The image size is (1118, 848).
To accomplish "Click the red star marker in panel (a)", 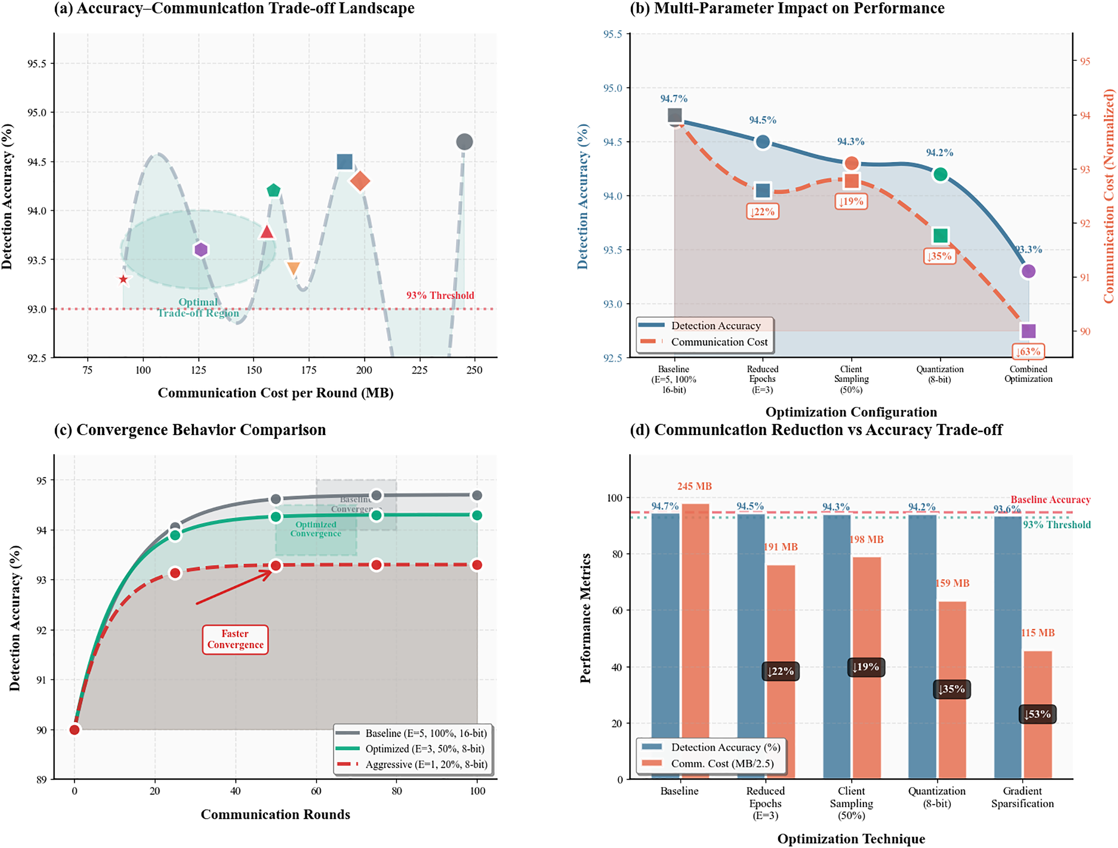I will tap(123, 280).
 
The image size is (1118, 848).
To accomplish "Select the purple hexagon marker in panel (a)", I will tap(201, 250).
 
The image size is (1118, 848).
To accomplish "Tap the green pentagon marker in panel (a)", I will tap(273, 190).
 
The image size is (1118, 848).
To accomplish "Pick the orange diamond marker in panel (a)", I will tap(360, 181).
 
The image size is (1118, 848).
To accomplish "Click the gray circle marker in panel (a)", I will tap(464, 142).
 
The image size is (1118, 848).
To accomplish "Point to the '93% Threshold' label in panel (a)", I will tap(440, 296).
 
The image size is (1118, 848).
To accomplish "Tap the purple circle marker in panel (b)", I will tap(1028, 271).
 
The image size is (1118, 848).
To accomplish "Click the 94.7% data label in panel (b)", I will tap(674, 99).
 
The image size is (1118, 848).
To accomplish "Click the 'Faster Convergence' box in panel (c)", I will tap(235, 639).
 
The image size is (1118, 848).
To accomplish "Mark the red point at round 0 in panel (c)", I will tap(75, 730).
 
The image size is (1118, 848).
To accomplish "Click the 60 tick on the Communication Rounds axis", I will tap(316, 791).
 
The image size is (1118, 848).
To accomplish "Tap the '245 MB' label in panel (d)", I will tap(694, 486).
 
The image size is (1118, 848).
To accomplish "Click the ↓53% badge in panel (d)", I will tap(1037, 714).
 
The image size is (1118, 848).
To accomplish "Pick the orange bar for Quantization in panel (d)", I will tap(952, 690).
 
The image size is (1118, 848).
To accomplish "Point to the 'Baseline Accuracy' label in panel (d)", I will tap(1050, 500).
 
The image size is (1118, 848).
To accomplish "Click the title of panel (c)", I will tap(190, 430).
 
